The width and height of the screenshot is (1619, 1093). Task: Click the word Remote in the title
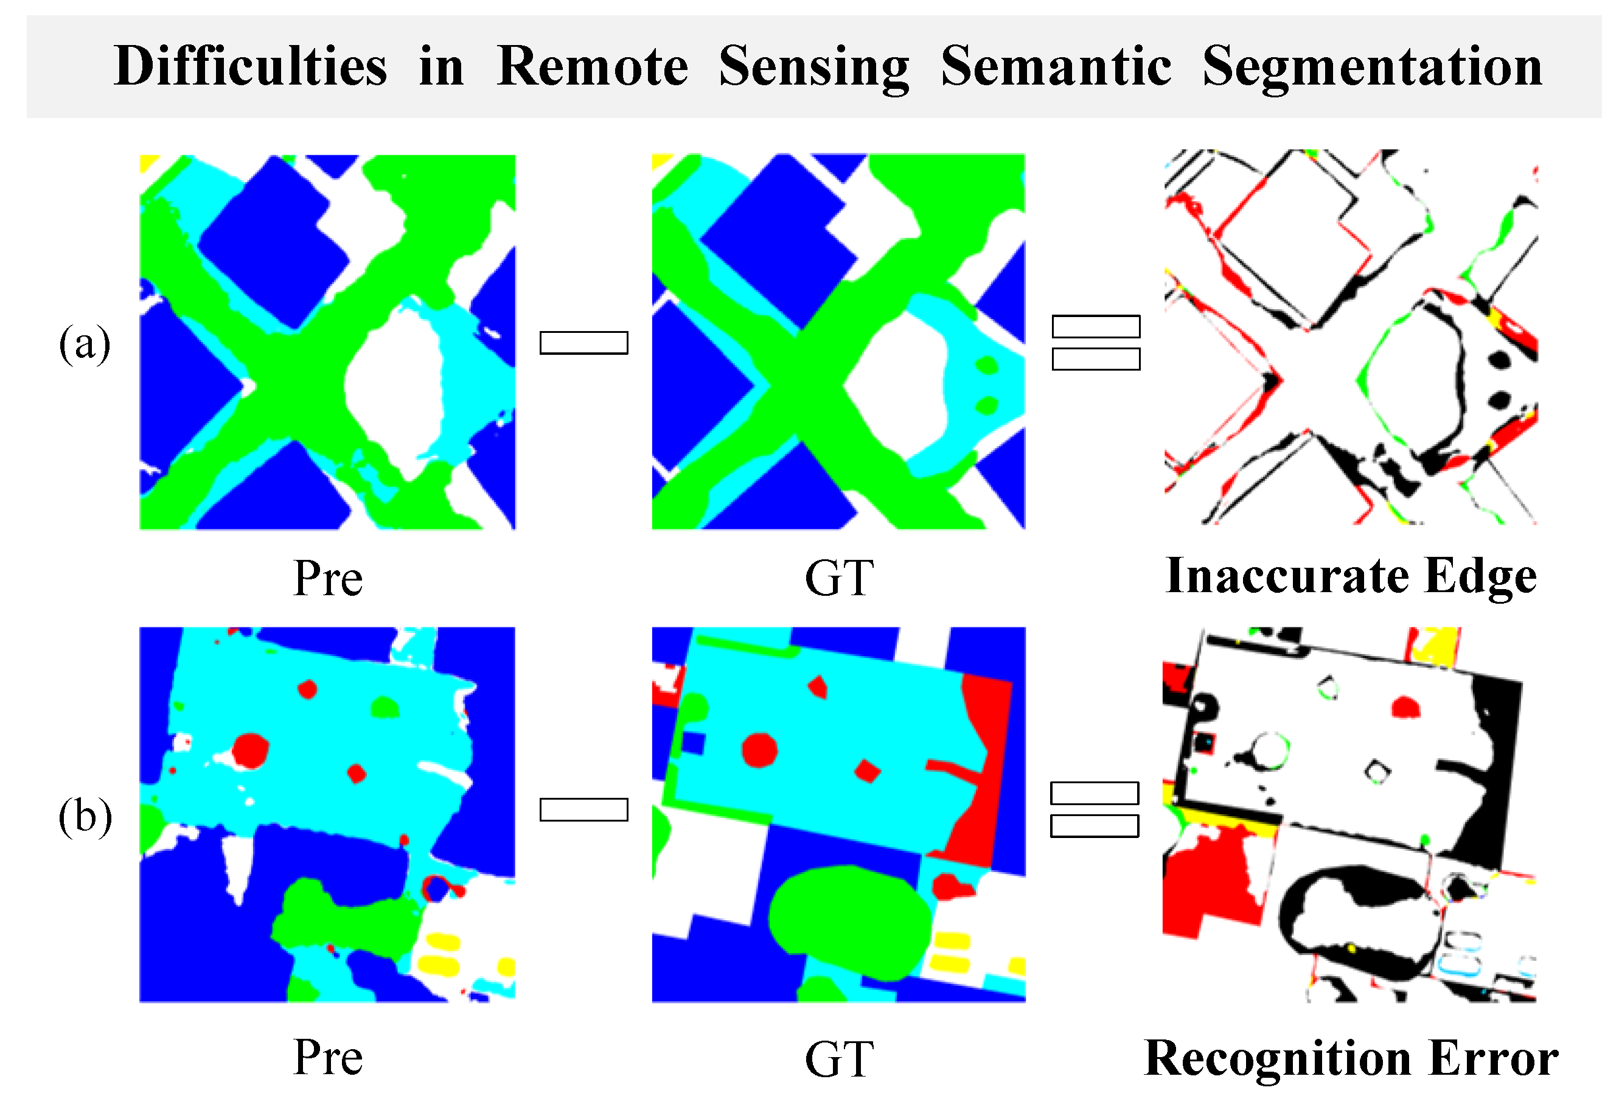(592, 67)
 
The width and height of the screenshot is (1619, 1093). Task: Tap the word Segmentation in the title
(1372, 68)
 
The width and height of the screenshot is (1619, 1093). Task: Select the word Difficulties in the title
(250, 67)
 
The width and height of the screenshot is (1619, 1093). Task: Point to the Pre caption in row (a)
(327, 578)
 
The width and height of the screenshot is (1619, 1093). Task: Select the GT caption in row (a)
(839, 578)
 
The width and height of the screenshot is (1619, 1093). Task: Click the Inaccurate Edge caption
(1350, 576)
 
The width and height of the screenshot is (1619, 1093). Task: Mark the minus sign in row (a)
(584, 343)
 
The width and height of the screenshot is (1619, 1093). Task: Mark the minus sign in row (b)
(584, 809)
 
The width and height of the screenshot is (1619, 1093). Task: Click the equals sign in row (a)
(1096, 343)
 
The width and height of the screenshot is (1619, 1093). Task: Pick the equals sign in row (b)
(1095, 809)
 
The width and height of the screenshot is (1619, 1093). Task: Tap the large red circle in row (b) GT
(759, 750)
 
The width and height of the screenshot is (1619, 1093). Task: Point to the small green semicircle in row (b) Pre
(384, 708)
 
